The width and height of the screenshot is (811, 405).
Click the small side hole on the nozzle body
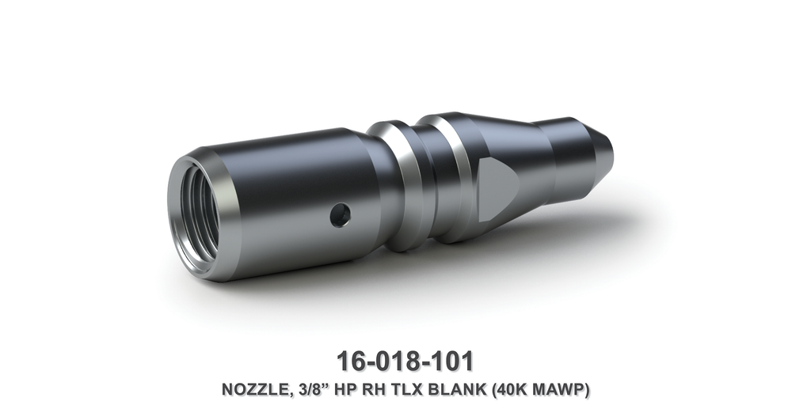[341, 214]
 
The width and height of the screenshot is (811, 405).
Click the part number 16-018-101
[405, 361]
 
